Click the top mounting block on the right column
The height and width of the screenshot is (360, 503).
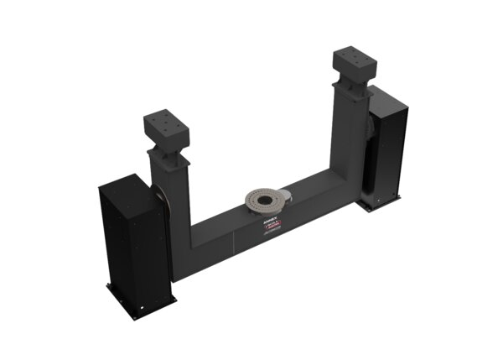point(354,64)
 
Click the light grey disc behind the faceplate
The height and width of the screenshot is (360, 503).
point(283,196)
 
